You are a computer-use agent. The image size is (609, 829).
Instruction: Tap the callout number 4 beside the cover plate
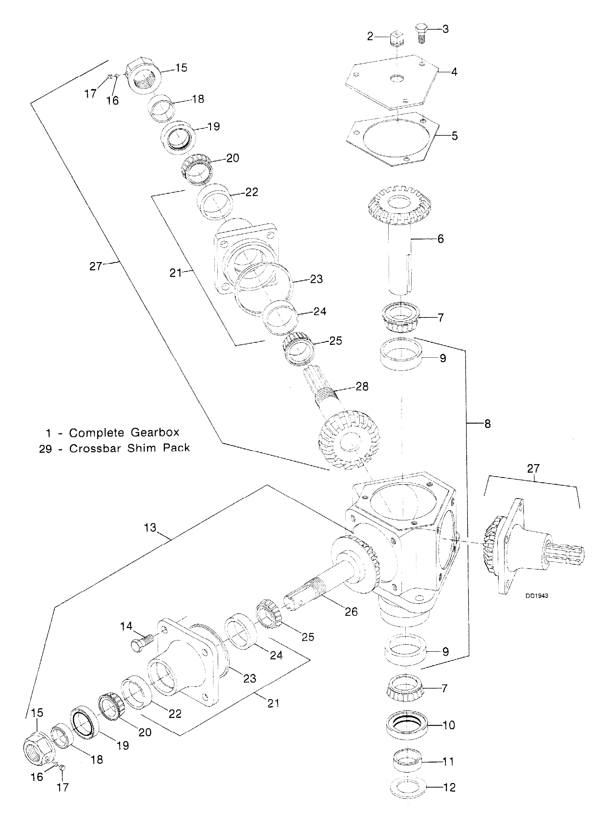tap(454, 72)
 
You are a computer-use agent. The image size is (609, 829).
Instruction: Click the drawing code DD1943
tap(537, 596)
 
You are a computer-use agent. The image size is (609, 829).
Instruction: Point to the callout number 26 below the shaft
tap(351, 612)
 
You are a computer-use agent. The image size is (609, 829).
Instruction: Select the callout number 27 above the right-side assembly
tap(533, 469)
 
